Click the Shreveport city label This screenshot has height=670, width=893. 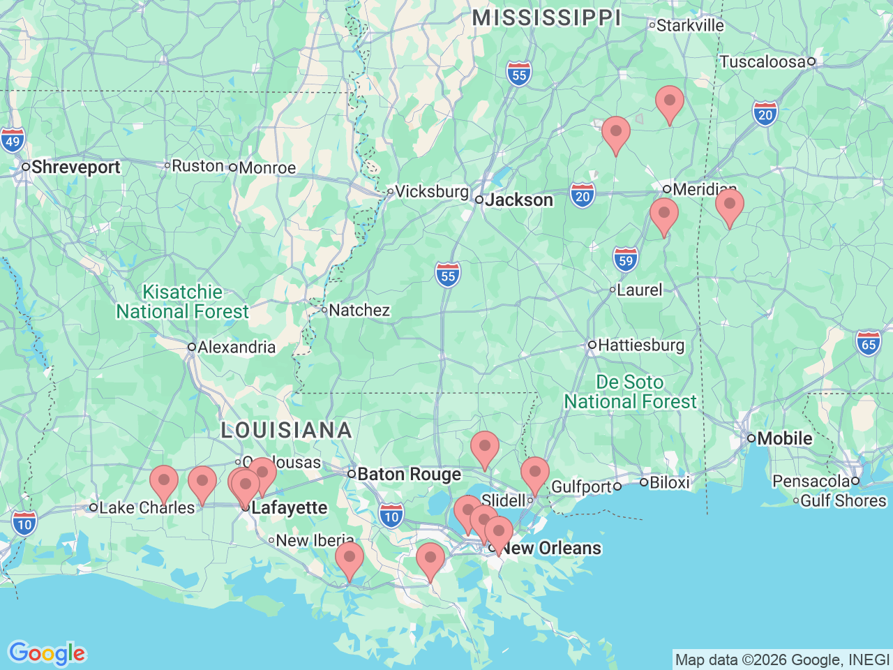click(75, 167)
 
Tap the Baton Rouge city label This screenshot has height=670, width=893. click(409, 475)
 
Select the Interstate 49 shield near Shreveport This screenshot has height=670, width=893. click(12, 141)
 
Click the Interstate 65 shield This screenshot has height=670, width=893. click(869, 344)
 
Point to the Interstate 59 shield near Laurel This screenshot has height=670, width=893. click(626, 260)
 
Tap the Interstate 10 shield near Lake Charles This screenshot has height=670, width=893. click(24, 523)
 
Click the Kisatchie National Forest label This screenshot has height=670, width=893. click(182, 301)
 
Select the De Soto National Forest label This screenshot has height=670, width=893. click(630, 392)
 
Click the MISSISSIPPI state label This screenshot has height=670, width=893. click(546, 18)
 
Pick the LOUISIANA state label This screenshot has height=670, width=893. click(287, 431)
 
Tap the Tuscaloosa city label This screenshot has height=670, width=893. click(763, 62)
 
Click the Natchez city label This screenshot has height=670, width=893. click(359, 310)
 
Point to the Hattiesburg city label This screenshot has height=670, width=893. click(640, 345)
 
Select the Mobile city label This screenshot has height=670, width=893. click(784, 438)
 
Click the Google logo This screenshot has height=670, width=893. click(47, 654)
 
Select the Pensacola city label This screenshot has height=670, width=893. click(811, 481)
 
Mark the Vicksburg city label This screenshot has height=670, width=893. click(431, 191)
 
